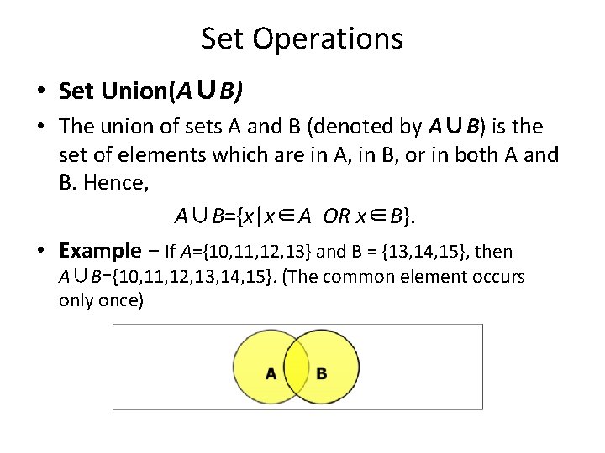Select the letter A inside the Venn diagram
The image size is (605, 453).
pos(271,373)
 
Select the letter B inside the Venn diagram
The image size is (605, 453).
pos(322,373)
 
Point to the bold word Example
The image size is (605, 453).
pos(101,250)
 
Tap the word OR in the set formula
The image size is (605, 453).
pos(337,216)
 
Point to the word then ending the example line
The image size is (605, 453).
pos(494,251)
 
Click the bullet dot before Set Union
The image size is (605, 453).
pos(41,91)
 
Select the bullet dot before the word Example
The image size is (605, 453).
pos(41,250)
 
